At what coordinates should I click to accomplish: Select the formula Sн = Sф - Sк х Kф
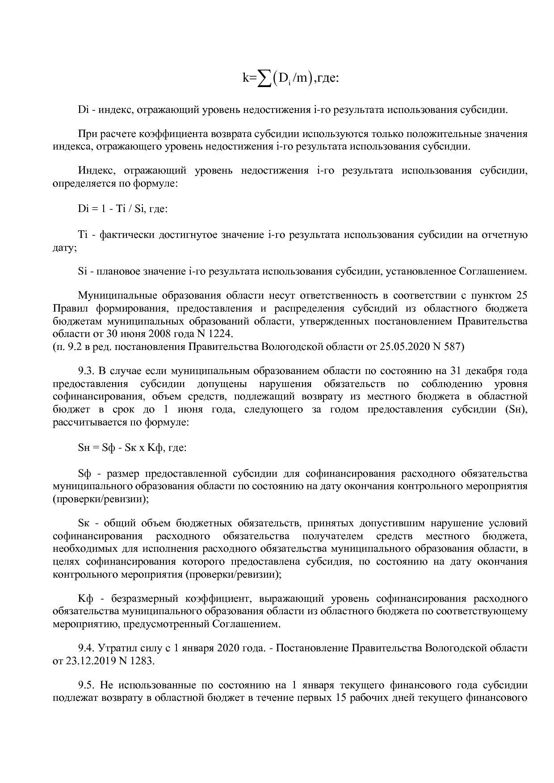tap(132, 447)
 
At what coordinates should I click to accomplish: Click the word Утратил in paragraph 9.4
tap(117, 648)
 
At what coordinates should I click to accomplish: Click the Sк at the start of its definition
tap(84, 523)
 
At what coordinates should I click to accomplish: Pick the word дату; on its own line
tap(65, 248)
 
